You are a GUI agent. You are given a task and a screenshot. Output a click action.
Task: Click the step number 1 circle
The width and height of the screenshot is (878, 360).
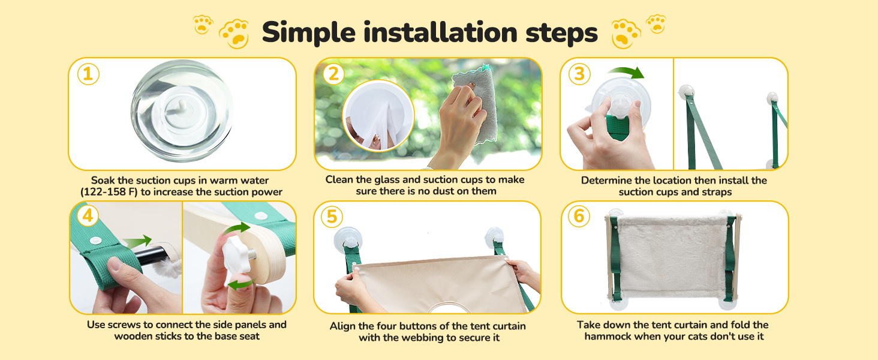tap(88, 74)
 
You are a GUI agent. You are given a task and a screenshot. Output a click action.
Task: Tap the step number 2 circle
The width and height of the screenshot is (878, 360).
tap(333, 74)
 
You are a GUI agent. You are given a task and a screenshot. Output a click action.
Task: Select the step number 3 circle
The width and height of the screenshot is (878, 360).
tap(579, 74)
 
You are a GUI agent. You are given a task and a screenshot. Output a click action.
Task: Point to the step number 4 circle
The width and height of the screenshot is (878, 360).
tap(88, 215)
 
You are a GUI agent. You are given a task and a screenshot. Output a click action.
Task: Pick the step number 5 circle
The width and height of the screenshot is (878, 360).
tap(332, 217)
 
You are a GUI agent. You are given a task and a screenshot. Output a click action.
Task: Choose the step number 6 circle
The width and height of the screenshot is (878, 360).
tap(579, 216)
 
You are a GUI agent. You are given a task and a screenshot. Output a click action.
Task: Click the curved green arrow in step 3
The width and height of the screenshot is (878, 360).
tap(626, 72)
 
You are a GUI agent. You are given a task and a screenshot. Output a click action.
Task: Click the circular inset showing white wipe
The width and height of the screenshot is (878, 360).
tap(378, 116)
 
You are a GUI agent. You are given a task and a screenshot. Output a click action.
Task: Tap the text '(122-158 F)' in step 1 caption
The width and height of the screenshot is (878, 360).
tap(109, 192)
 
